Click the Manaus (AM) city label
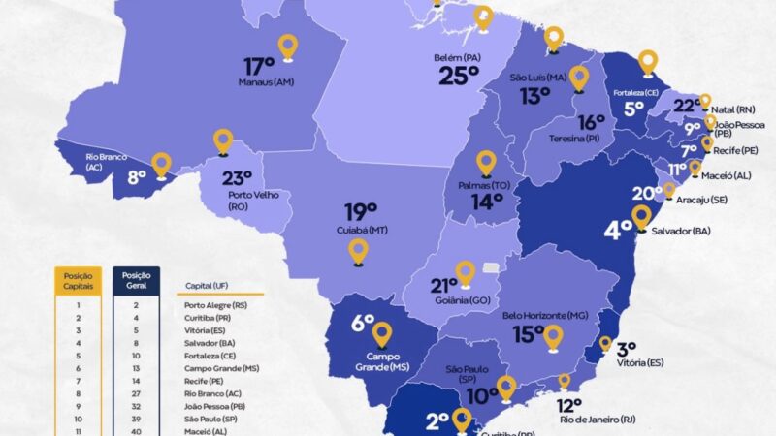pos(266,83)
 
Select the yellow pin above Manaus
pos(287,46)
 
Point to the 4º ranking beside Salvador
pos(618,231)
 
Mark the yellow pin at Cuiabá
pos(359,250)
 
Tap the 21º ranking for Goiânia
pos(443,286)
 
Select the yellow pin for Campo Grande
pos(381,334)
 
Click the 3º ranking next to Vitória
pos(626,349)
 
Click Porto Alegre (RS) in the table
pos(214,304)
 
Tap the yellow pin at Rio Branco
pos(161,164)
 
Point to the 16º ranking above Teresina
pos(592,123)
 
